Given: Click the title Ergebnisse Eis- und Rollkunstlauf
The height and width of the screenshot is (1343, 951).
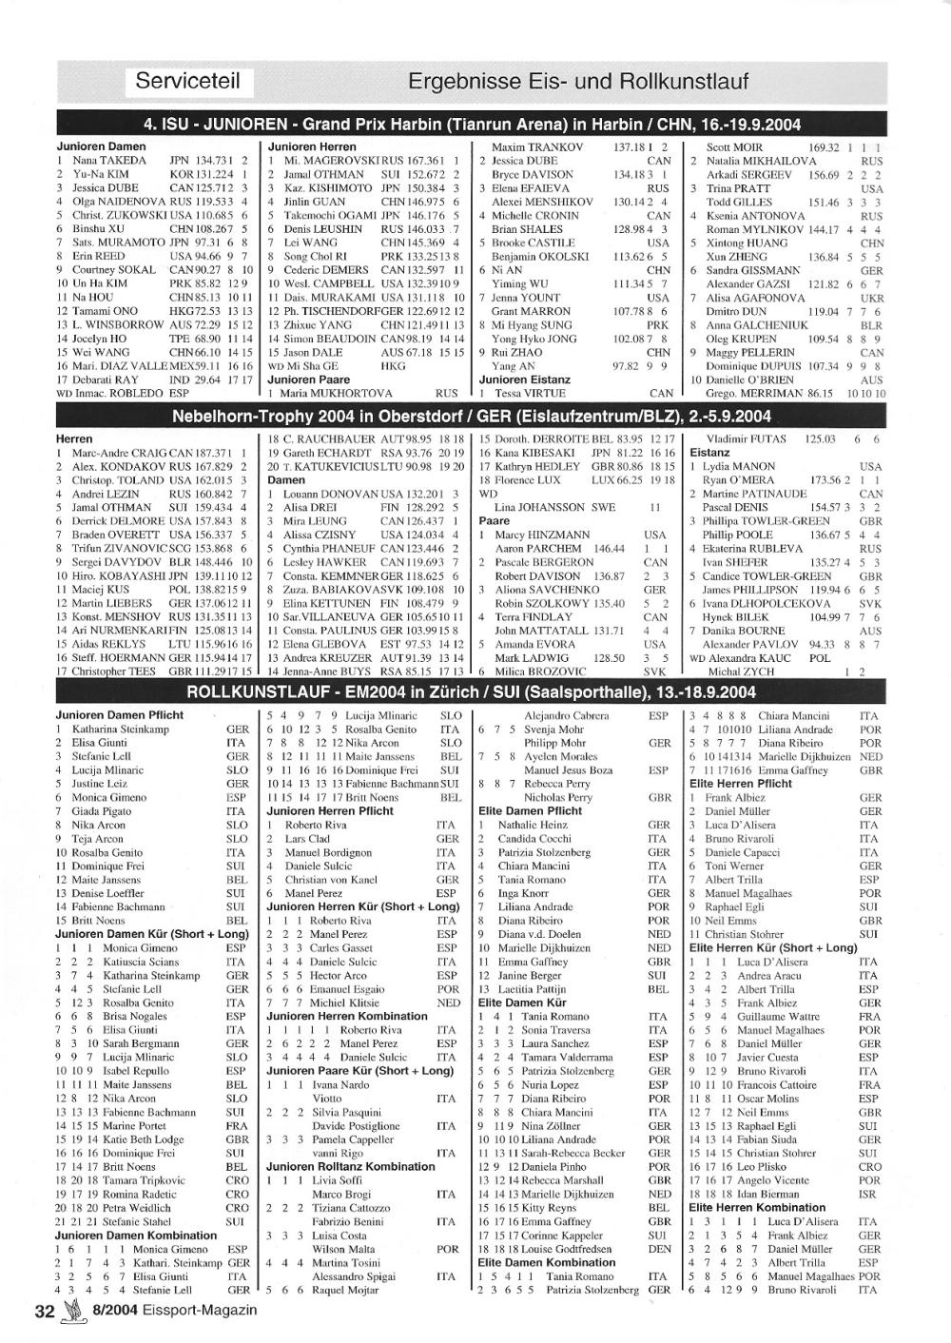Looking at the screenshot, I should point(577,82).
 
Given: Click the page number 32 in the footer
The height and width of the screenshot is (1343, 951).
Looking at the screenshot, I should point(44,1311).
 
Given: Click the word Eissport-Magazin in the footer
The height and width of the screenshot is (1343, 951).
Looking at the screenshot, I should point(202,1311).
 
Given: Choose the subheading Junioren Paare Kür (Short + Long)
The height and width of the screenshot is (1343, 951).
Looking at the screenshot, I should point(360,1071).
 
